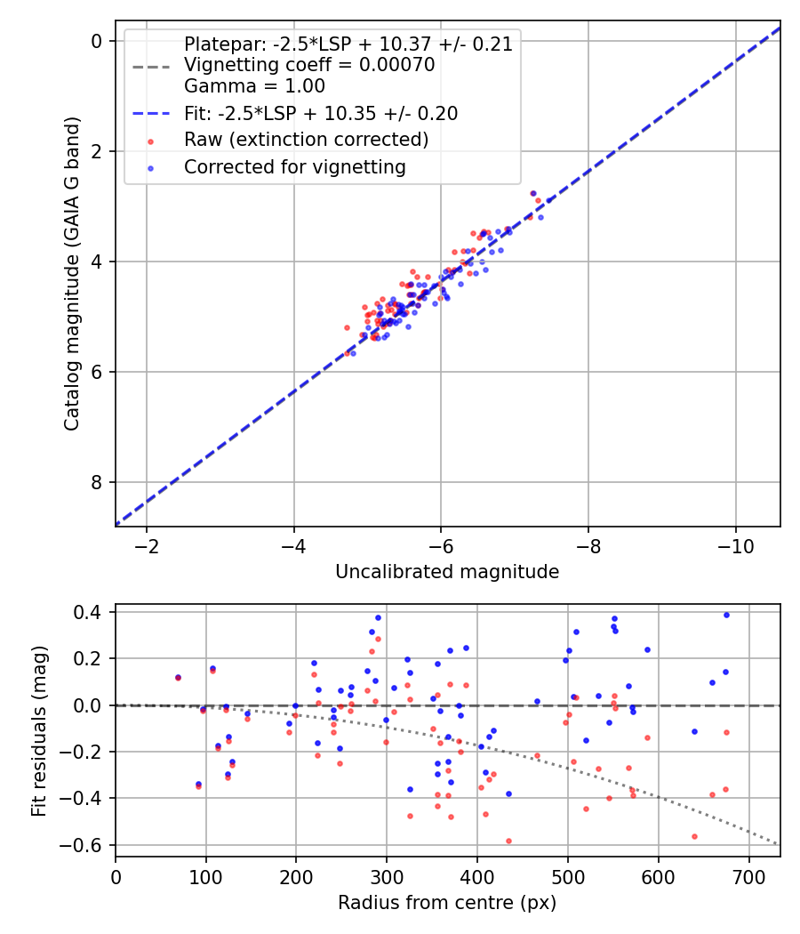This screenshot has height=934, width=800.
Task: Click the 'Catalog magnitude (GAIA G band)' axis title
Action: coord(72,273)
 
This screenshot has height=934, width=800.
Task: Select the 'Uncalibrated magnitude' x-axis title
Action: coord(447,572)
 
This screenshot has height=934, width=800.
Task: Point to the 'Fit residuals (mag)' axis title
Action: coord(39,730)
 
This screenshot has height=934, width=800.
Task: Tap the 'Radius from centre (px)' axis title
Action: coord(447,903)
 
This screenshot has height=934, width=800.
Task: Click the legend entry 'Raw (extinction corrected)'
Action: coord(307,140)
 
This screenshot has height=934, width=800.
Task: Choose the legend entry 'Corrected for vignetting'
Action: coord(295,167)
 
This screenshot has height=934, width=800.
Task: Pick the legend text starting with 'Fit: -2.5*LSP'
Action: coord(322,113)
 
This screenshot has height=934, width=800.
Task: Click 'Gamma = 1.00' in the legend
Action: coord(255,85)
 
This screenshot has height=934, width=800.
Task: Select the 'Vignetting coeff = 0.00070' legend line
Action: coord(309,64)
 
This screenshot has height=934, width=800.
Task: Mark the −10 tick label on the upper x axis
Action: coord(736,546)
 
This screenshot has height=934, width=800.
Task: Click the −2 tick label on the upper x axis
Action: coord(147,546)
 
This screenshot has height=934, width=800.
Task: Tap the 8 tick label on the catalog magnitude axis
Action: coord(96,482)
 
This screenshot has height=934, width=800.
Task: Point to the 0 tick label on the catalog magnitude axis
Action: coord(96,41)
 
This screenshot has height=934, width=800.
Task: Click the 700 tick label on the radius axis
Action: coord(748,877)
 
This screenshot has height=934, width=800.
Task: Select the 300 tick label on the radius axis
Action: coord(387,877)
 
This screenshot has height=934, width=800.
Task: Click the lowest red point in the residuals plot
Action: coord(509,841)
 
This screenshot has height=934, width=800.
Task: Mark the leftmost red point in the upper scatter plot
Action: coord(347,327)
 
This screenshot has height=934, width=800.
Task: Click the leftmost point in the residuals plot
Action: coord(178,678)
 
